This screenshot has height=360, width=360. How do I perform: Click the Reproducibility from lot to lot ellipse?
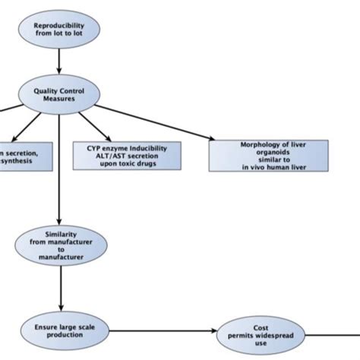tap(59, 30)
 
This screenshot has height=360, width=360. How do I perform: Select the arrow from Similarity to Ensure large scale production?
tap(59, 288)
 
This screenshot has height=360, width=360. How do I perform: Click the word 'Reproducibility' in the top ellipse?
tap(59, 25)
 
